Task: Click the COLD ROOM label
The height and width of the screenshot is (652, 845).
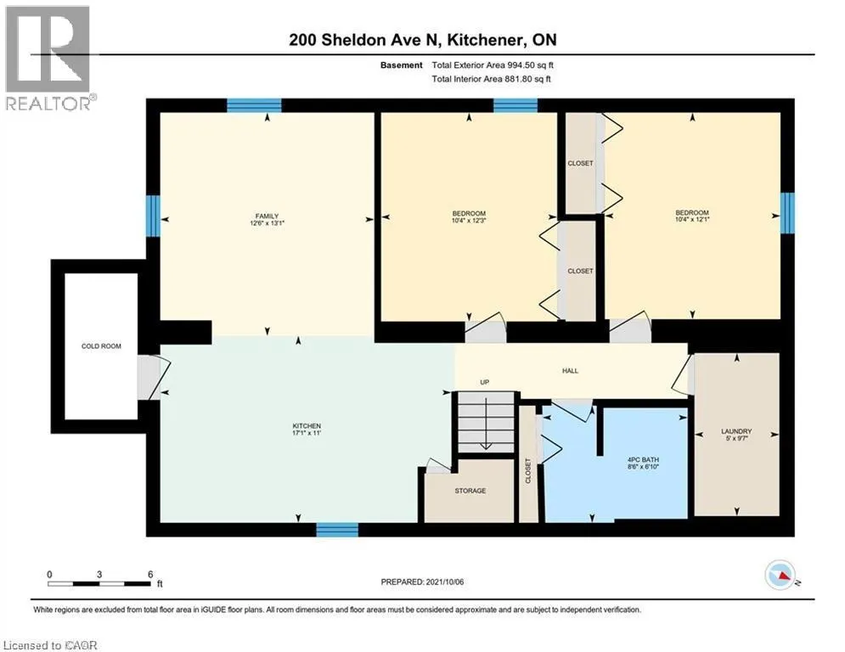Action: pyautogui.click(x=101, y=346)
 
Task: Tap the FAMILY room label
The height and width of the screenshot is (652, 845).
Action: pyautogui.click(x=267, y=216)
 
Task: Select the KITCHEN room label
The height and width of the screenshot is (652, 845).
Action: pyautogui.click(x=307, y=425)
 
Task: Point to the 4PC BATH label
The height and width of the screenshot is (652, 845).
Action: pyautogui.click(x=644, y=459)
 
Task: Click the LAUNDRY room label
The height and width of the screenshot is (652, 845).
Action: pyautogui.click(x=736, y=431)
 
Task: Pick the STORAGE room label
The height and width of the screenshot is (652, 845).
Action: pyautogui.click(x=470, y=491)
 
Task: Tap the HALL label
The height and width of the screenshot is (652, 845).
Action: pyautogui.click(x=570, y=371)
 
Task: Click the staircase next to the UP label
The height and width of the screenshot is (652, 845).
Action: pyautogui.click(x=486, y=423)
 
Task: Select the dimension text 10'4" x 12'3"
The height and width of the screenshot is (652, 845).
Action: pyautogui.click(x=469, y=221)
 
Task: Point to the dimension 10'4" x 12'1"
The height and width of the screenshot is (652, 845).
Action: pyautogui.click(x=692, y=219)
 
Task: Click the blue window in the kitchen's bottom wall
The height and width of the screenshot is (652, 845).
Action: pyautogui.click(x=337, y=530)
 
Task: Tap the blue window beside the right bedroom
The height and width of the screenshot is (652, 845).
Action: pyautogui.click(x=788, y=213)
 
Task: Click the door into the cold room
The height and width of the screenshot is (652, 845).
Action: pyautogui.click(x=153, y=377)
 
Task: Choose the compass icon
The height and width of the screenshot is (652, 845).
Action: pyautogui.click(x=780, y=576)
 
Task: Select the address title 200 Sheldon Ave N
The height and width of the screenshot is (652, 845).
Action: pyautogui.click(x=365, y=40)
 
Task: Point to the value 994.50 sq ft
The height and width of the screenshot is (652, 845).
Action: pyautogui.click(x=530, y=65)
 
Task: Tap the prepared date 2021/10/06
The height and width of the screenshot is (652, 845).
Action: pyautogui.click(x=445, y=582)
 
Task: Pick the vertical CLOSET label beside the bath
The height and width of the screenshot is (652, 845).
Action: pyautogui.click(x=528, y=471)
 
